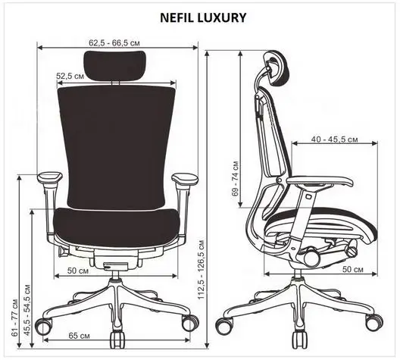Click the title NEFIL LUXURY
coord(203,17)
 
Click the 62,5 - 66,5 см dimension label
coord(114,42)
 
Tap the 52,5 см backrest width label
coord(70,76)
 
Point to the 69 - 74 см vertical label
coord(236,178)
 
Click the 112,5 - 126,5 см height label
coord(202,270)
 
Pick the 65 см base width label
coord(79,336)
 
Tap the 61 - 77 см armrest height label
coord(15,318)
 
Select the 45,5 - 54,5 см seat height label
coord(27,311)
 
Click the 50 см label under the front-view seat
coord(78,271)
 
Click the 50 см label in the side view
coord(353,269)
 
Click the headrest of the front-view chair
coord(115,64)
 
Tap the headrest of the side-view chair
coord(277,67)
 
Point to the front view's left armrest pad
coord(50,177)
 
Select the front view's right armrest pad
coord(185,178)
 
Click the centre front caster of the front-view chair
coord(117,340)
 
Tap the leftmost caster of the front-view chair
coord(44,327)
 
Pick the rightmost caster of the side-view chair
coord(374,323)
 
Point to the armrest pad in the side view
coord(320,181)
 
